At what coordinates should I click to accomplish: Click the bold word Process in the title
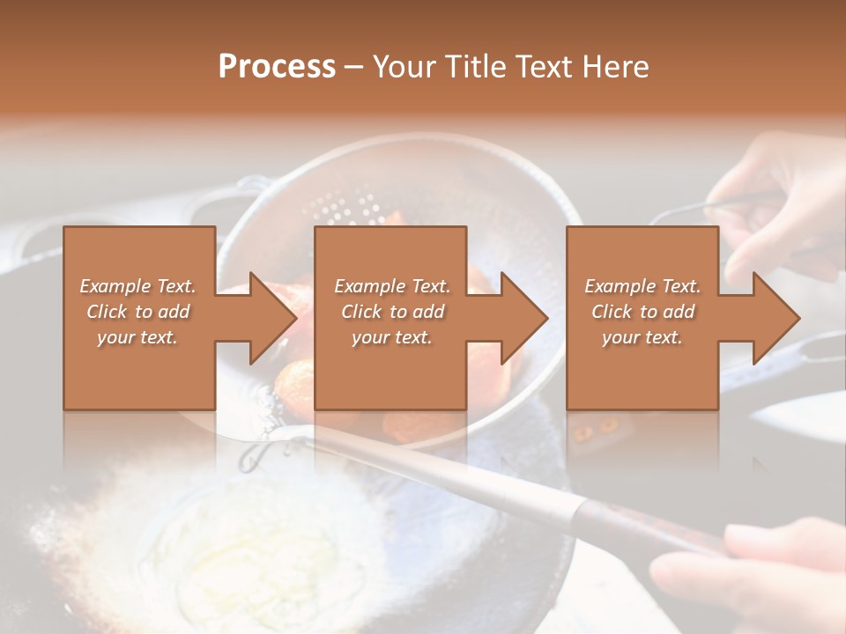[x=277, y=67]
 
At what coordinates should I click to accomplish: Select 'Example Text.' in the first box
[x=137, y=286]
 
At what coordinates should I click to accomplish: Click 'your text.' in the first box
[x=137, y=337]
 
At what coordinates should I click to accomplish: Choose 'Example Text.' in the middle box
[x=392, y=286]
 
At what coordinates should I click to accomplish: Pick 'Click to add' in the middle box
[x=392, y=312]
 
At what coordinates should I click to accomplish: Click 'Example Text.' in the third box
[x=642, y=286]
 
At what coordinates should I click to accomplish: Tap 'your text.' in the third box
[x=642, y=337]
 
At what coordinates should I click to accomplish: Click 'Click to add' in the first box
[x=137, y=312]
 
